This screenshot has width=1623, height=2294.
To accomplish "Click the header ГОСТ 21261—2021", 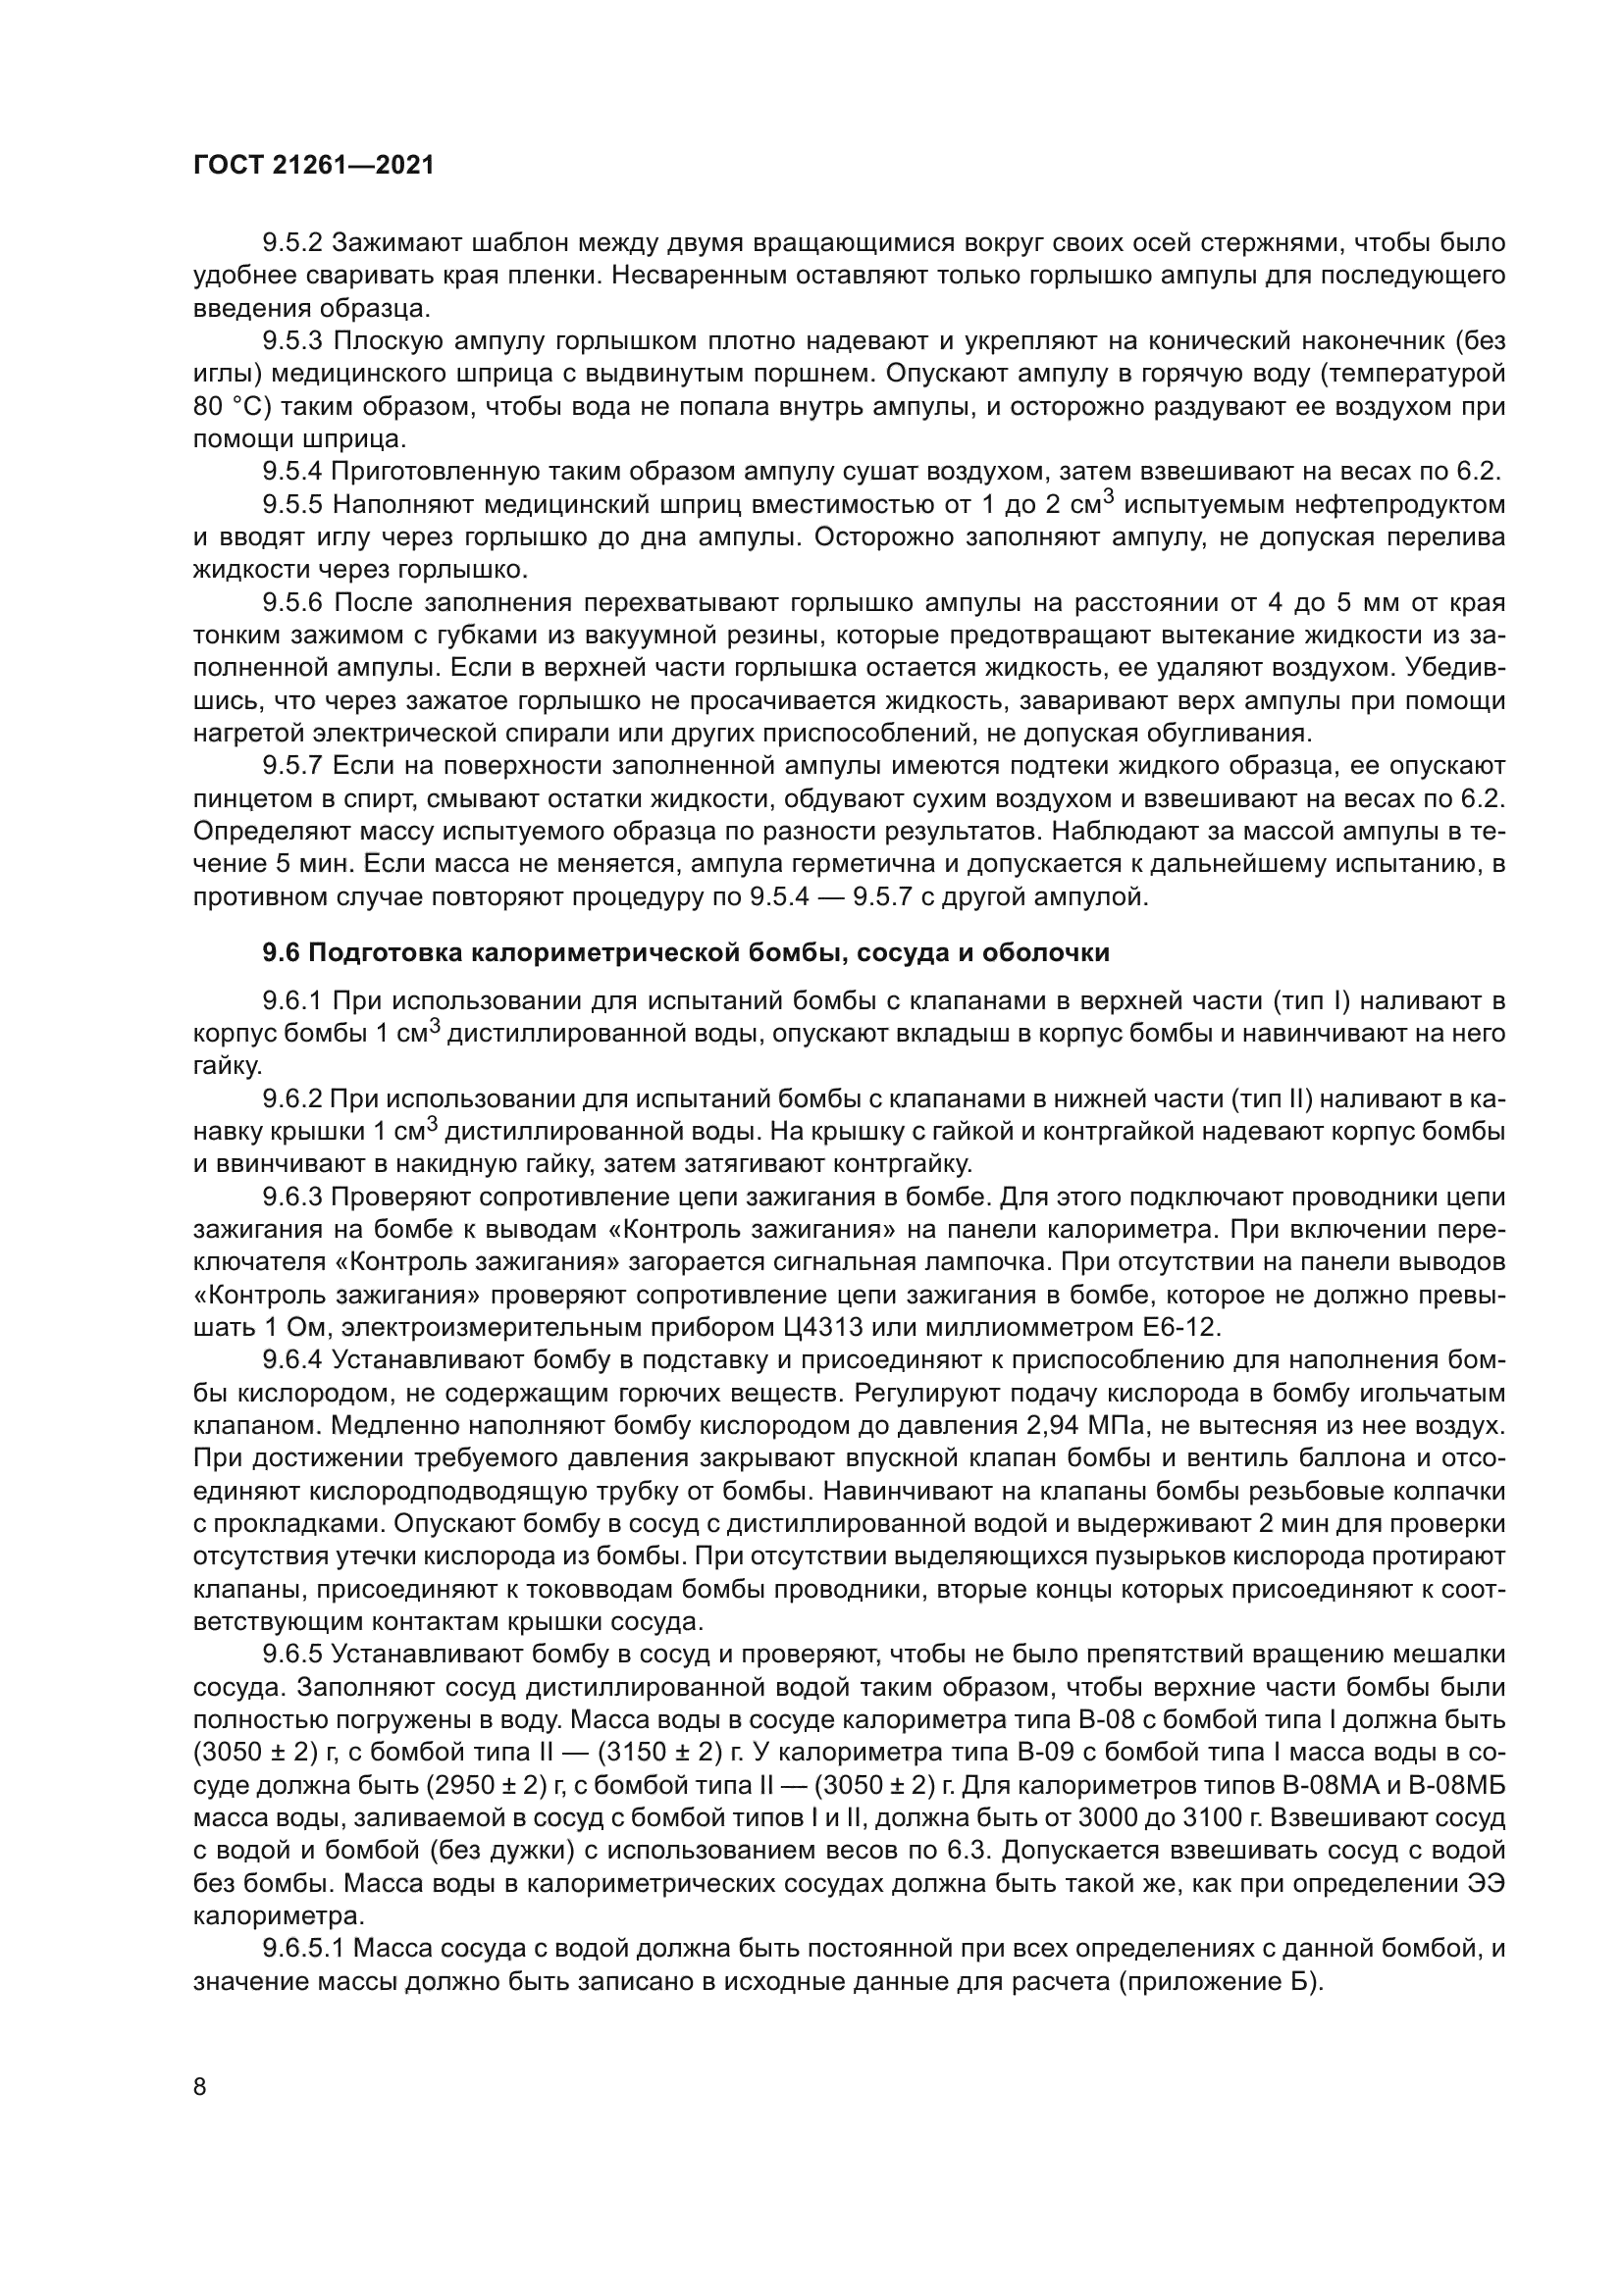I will click(314, 166).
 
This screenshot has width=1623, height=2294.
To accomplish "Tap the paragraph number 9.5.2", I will click(291, 243).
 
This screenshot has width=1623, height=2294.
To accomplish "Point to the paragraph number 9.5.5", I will click(291, 505).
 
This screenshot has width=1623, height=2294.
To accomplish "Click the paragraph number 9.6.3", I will click(291, 1197).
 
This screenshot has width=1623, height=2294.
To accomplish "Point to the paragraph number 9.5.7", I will click(291, 766).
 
